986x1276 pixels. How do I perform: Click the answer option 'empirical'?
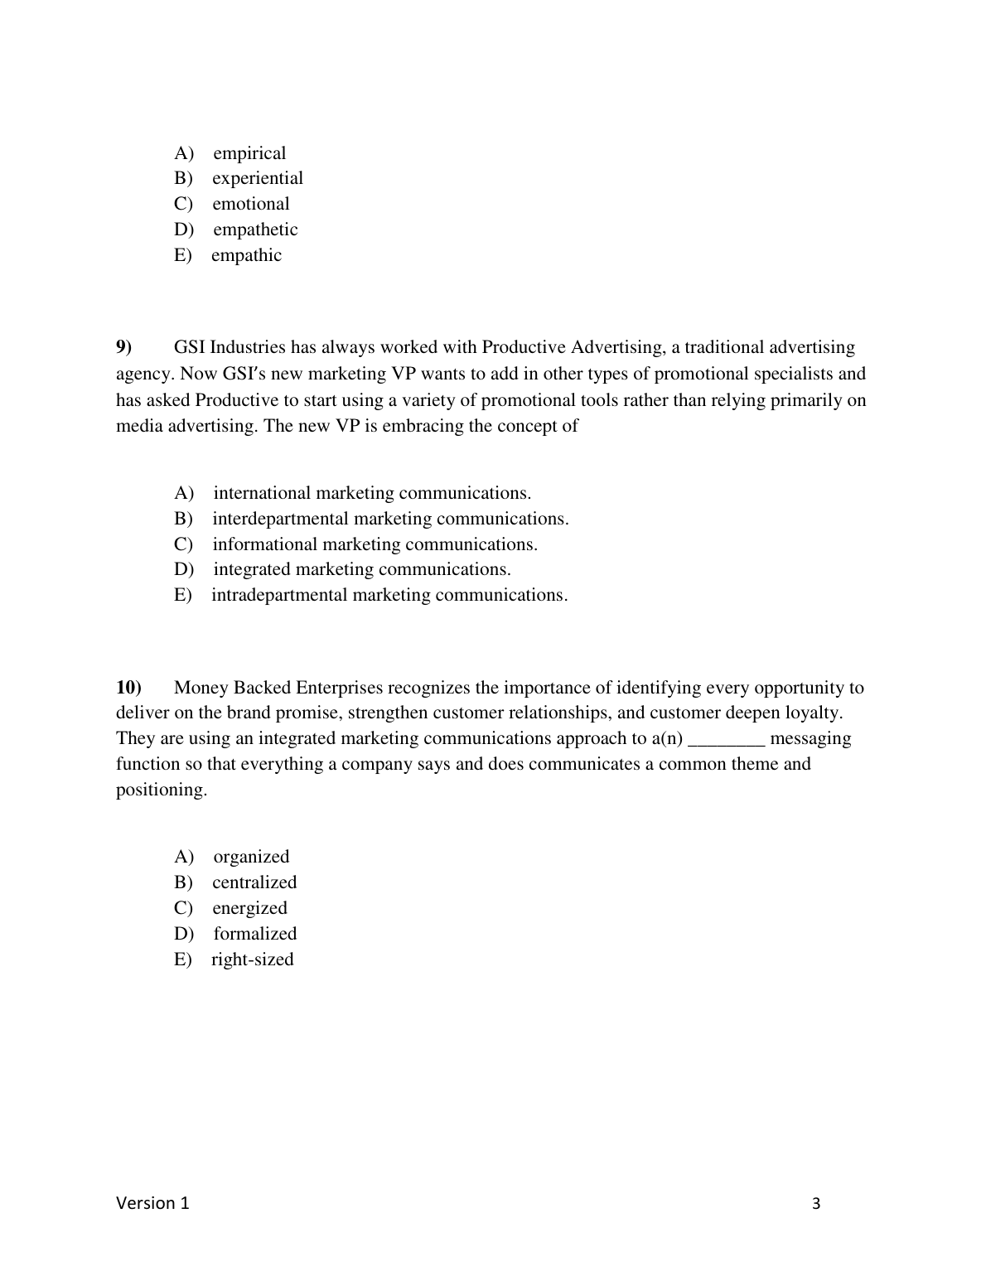249,153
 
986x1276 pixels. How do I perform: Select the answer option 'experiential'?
258,178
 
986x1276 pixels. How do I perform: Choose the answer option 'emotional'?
251,204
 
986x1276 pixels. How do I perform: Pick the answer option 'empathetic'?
255,230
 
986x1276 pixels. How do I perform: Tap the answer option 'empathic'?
246,255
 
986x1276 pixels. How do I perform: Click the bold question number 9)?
124,347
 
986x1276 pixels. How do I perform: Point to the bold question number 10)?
129,688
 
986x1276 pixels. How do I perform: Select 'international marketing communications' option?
372,493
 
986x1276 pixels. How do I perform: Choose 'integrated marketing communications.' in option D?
362,569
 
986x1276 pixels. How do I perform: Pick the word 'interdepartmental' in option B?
280,519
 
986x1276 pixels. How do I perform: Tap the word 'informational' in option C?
264,544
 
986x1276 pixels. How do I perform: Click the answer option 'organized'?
251,857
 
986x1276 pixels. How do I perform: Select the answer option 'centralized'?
254,882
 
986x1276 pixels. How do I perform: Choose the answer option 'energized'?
249,908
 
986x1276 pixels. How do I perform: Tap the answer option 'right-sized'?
252,959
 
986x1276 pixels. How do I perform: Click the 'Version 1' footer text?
152,1203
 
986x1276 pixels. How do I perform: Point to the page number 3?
816,1204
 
